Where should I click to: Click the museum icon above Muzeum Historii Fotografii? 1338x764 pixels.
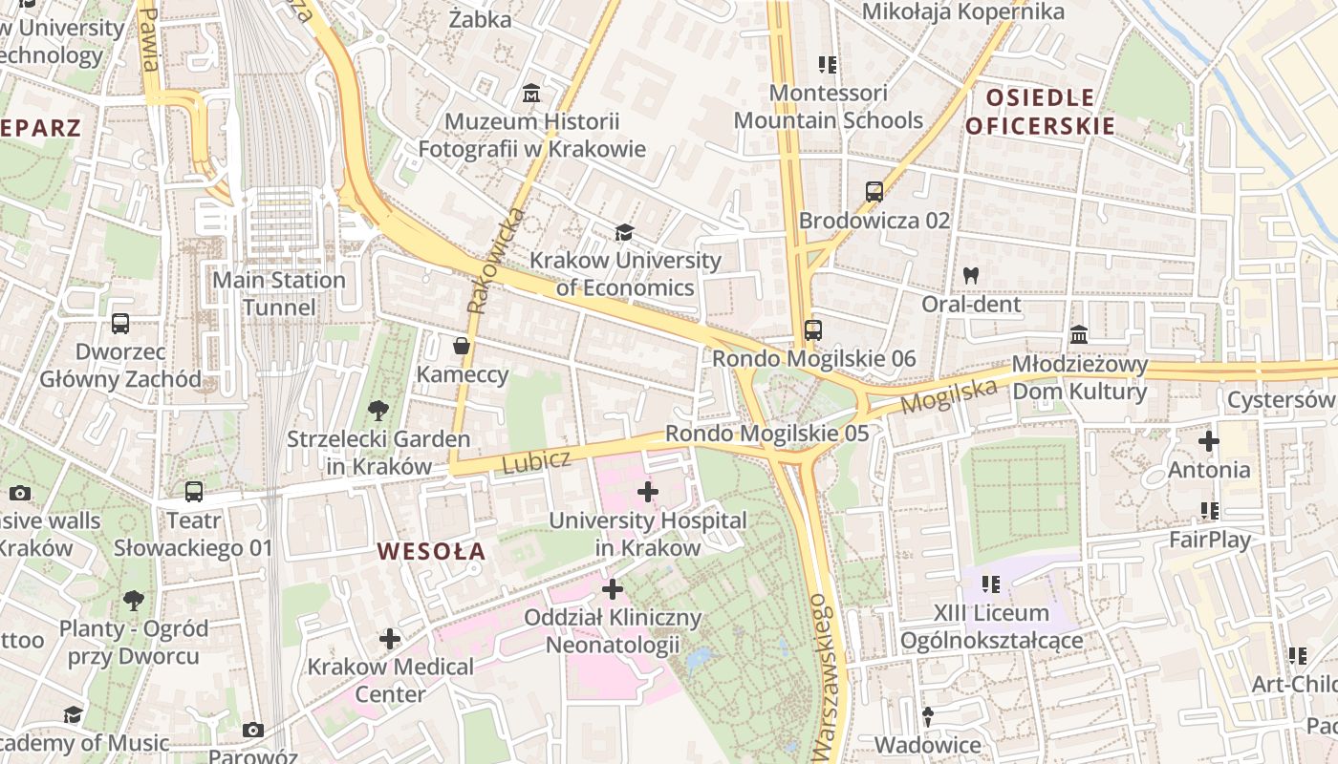[x=531, y=94]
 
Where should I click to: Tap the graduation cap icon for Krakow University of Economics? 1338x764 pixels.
[x=624, y=232]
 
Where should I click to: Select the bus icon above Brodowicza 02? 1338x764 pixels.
[x=874, y=192]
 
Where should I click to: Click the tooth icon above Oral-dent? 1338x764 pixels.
[x=971, y=275]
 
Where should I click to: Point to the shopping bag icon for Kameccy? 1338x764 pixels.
[x=462, y=345]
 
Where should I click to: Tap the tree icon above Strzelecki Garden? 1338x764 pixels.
[x=378, y=411]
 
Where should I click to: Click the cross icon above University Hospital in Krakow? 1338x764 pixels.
[x=647, y=492]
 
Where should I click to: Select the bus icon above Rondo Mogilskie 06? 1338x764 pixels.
[x=813, y=330]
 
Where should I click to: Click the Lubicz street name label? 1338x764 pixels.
[x=535, y=461]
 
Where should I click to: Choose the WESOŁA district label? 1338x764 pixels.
[x=431, y=551]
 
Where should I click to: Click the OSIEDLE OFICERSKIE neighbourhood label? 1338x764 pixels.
[x=1040, y=111]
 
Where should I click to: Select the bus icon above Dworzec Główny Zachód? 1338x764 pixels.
[x=120, y=324]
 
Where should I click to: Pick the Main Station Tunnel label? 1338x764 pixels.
[x=278, y=293]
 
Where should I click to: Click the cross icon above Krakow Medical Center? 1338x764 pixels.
[x=390, y=638]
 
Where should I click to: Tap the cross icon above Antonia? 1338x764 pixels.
[x=1209, y=441]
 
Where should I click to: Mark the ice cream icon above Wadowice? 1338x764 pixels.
[x=927, y=716]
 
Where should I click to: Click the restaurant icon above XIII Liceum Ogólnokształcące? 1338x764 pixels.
[x=991, y=584]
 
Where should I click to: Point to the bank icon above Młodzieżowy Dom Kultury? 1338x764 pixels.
[x=1080, y=335]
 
